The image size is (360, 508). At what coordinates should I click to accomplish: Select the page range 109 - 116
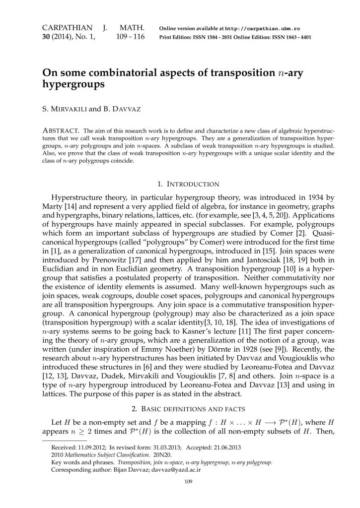pyautogui.click(x=130, y=37)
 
